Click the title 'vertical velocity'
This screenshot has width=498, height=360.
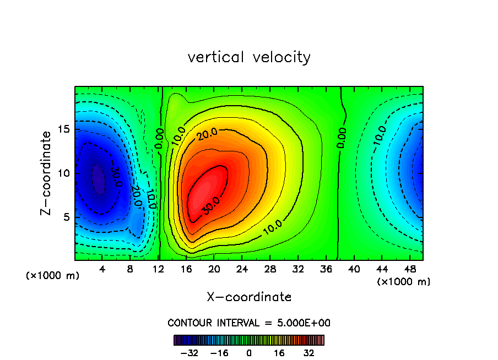[249, 57]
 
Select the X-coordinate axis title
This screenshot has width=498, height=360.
[249, 297]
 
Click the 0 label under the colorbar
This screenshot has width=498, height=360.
[249, 353]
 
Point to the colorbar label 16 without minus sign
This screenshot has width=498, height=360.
[279, 353]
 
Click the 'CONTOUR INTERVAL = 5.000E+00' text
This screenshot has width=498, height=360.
[249, 323]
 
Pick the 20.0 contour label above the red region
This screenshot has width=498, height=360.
[208, 134]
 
